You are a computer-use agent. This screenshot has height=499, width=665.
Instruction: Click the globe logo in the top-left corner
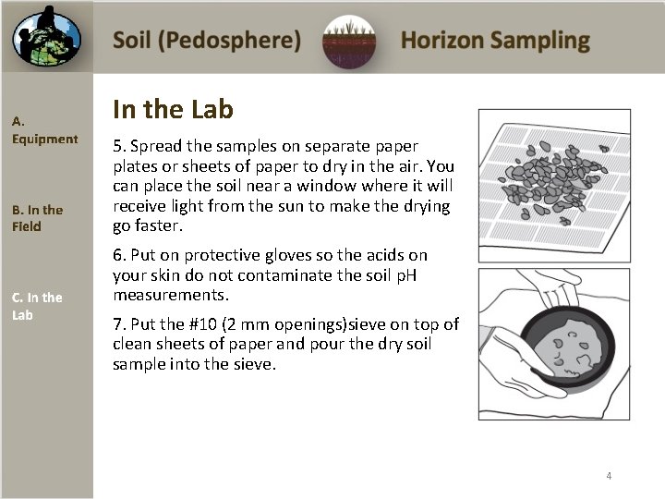click(46, 37)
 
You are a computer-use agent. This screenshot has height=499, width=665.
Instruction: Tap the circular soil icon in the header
click(349, 42)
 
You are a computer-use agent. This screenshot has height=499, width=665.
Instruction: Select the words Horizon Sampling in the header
click(495, 41)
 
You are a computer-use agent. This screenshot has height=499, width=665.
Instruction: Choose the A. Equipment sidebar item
click(44, 130)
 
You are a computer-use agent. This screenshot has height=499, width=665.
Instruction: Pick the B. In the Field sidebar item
click(37, 218)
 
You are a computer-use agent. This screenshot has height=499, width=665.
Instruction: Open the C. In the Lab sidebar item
click(37, 306)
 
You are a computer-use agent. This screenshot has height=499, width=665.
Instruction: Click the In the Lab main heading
click(173, 110)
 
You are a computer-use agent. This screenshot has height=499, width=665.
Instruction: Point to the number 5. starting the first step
click(119, 146)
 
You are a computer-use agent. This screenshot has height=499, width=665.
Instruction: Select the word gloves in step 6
click(268, 254)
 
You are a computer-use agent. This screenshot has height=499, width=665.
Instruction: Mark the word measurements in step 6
click(171, 296)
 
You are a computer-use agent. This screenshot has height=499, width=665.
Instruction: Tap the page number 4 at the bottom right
click(609, 476)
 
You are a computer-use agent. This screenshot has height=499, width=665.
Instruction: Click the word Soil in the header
click(134, 41)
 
